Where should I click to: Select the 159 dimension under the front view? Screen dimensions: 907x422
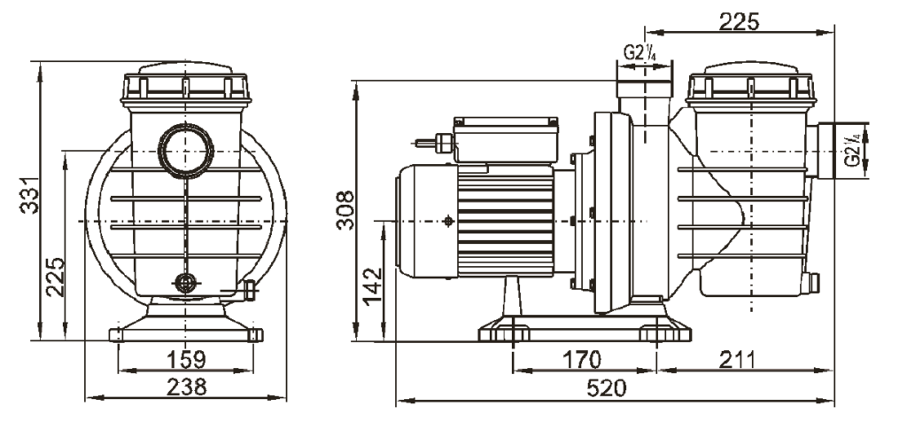coord(186,359)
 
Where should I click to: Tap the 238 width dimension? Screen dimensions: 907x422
coord(186,387)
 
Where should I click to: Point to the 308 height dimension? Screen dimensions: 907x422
coord(345,210)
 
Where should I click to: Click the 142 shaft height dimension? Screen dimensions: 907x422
coord(373,285)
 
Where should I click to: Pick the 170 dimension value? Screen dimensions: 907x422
coord(581,359)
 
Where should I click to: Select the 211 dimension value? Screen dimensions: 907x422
coord(737,359)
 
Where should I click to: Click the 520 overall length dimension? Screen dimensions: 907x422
coord(606,388)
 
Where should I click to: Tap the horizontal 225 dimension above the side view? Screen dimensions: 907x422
coord(739,21)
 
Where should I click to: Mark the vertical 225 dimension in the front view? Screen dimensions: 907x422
coord(56,277)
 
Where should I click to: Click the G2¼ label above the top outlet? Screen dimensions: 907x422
coord(640,53)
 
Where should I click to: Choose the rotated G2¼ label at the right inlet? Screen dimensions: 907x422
coord(853,151)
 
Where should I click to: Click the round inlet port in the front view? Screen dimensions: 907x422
coord(186,151)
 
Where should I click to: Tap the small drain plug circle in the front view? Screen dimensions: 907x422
coord(186,283)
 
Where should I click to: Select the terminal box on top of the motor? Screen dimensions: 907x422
coord(506,139)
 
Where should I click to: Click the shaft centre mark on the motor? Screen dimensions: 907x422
coord(447,221)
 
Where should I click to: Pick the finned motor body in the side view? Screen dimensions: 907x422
coord(506,221)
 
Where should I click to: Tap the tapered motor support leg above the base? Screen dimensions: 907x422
coord(512,296)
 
